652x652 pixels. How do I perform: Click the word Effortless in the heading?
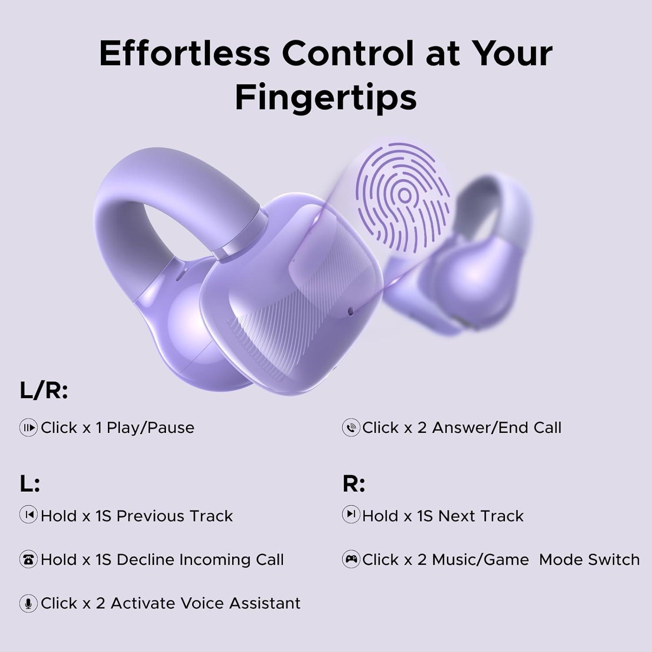pyautogui.click(x=184, y=53)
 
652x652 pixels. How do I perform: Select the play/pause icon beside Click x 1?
pyautogui.click(x=28, y=428)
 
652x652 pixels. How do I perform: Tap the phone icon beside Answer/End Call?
pyautogui.click(x=351, y=428)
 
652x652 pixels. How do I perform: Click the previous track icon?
pyautogui.click(x=28, y=515)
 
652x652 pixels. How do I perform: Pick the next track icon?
pyautogui.click(x=351, y=515)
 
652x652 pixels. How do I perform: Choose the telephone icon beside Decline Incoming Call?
pyautogui.click(x=28, y=559)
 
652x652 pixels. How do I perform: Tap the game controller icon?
pyautogui.click(x=351, y=559)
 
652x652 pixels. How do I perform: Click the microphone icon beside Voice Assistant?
pyautogui.click(x=28, y=603)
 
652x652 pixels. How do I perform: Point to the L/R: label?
pyautogui.click(x=43, y=391)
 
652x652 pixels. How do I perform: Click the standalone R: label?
pyautogui.click(x=353, y=483)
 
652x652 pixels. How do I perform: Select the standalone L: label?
pyautogui.click(x=30, y=483)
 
